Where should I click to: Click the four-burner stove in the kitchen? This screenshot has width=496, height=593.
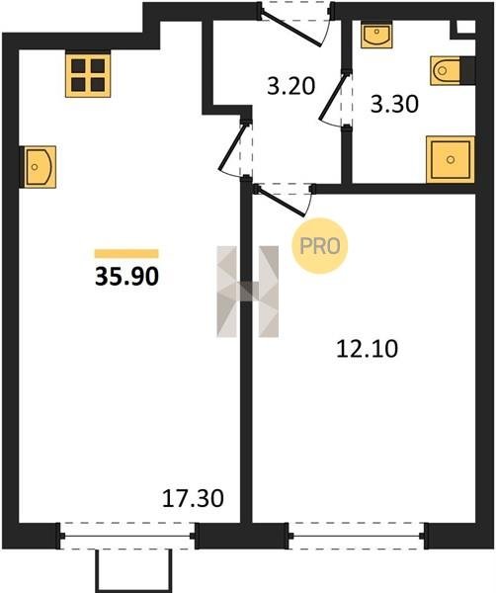88,75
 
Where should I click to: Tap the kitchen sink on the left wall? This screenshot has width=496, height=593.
40,167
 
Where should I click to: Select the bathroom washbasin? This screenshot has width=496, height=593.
376,34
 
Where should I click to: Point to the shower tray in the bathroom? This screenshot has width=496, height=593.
451,159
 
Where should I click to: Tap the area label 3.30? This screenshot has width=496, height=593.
394,104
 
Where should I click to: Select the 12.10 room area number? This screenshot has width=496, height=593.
368,349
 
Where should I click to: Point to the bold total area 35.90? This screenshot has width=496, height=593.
126,277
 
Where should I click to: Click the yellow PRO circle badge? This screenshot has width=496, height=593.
320,246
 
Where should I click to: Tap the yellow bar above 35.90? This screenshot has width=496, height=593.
126,253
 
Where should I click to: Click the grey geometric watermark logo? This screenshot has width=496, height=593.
248,292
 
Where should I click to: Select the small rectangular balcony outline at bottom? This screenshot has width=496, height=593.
133,571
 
